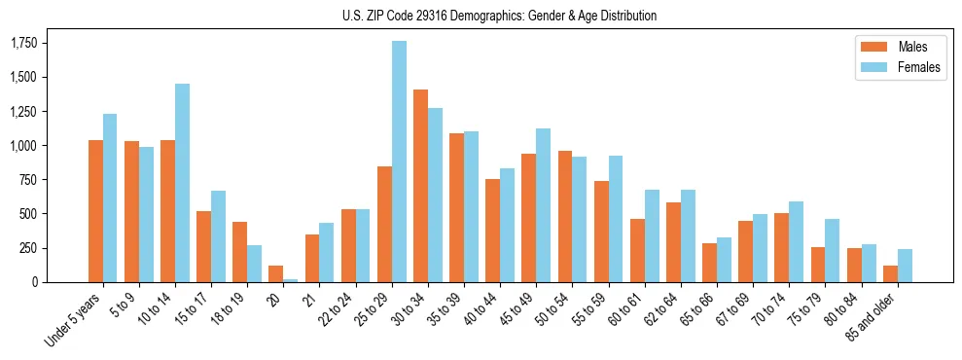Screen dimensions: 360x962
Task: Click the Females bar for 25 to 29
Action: point(399,162)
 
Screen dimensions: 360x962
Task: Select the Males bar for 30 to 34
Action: point(420,186)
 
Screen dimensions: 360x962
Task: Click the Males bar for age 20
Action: point(276,273)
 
